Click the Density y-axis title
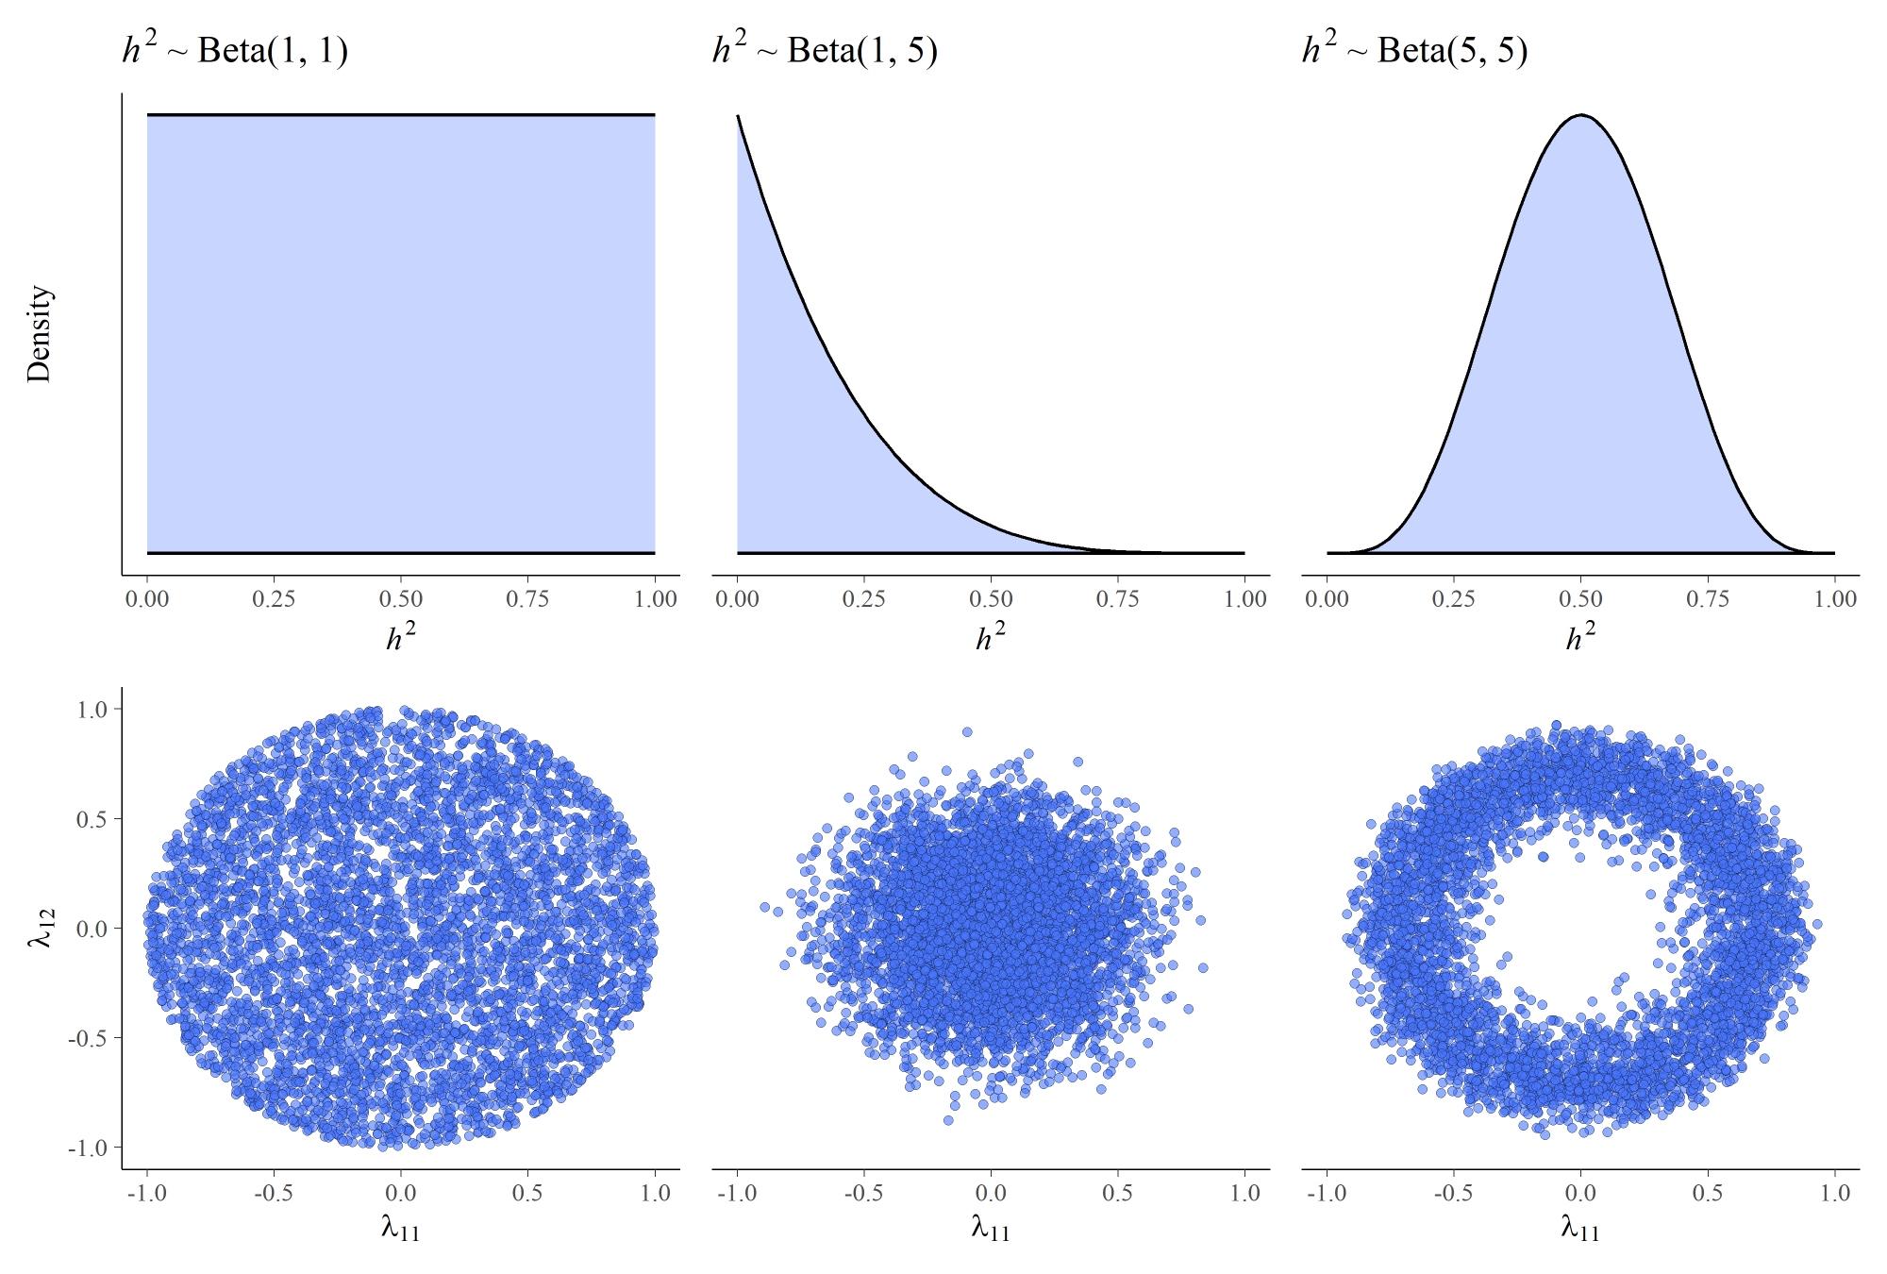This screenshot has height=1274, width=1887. (39, 334)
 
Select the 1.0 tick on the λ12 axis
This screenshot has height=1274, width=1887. (92, 710)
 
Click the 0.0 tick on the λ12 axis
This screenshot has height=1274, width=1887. (92, 929)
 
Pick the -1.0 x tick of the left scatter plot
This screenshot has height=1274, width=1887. (145, 1193)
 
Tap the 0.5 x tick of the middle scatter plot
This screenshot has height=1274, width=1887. (1117, 1193)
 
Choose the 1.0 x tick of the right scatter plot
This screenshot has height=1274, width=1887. (1834, 1193)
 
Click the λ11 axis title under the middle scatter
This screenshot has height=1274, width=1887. (990, 1228)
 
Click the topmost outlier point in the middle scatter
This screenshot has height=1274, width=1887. (967, 731)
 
